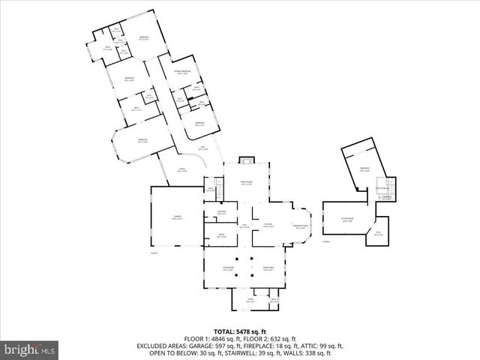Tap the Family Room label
coord(247,182)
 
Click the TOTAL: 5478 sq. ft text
coord(240,330)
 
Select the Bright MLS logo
coord(30,349)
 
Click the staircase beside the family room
coord(219,184)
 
